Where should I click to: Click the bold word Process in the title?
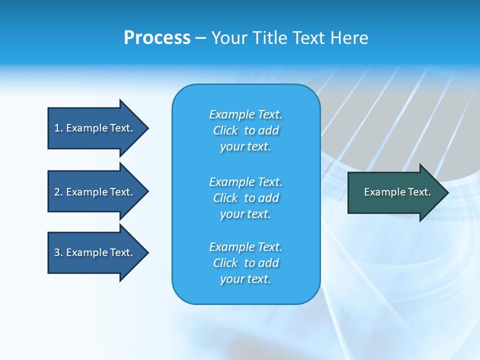[x=157, y=38]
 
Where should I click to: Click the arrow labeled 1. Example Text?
[x=95, y=128]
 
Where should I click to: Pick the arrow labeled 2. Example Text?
[x=95, y=192]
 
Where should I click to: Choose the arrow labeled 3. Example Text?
[x=95, y=252]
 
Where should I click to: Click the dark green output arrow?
[x=395, y=192]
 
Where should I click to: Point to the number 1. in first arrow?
[x=58, y=128]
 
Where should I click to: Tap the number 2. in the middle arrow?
[x=58, y=192]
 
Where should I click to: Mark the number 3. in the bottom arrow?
[x=58, y=252]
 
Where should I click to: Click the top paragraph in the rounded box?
[x=245, y=130]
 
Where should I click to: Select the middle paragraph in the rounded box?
[x=245, y=198]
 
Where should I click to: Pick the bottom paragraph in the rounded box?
[x=245, y=263]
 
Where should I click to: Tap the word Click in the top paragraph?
[x=225, y=130]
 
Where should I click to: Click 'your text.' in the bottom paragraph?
[x=245, y=279]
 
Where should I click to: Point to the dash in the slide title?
[x=201, y=38]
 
